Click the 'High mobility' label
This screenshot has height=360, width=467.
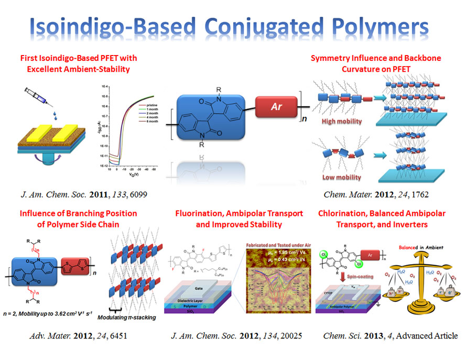click(x=341, y=121)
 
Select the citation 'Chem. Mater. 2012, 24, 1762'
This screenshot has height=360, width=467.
click(x=376, y=195)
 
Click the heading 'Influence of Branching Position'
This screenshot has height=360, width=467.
click(x=78, y=214)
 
